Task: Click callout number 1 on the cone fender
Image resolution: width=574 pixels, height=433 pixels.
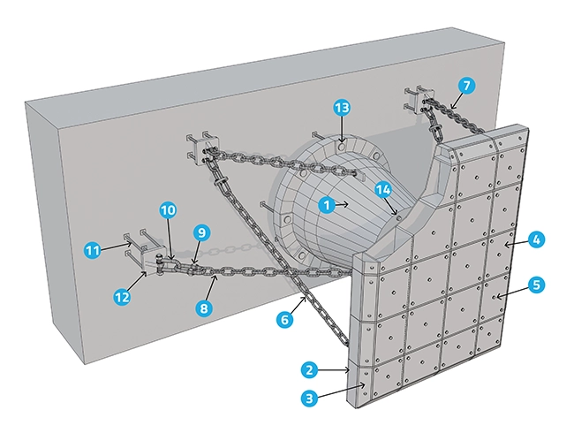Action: [328, 205]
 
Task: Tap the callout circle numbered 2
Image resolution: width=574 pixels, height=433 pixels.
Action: [309, 369]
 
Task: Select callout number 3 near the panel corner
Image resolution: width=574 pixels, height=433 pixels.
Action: [309, 399]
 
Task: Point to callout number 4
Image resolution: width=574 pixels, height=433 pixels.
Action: [537, 239]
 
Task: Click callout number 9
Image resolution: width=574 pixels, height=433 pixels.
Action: [202, 233]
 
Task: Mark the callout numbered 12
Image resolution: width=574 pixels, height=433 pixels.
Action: [123, 298]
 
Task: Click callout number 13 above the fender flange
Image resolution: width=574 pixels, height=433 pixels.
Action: [342, 109]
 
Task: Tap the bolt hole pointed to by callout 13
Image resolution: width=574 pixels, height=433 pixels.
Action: [341, 139]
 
